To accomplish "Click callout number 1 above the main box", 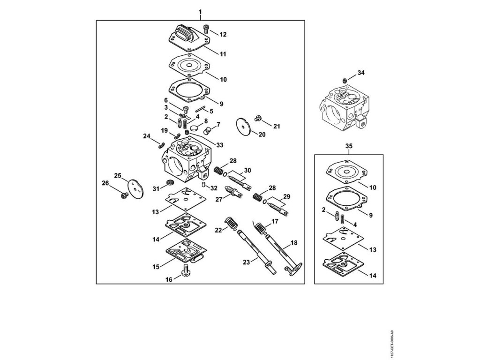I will (200, 11).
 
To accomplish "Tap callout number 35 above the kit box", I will (348, 146).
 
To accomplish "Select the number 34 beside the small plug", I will (360, 73).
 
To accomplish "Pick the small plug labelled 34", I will (344, 80).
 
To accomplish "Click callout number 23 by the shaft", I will (245, 262).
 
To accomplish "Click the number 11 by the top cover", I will (223, 54).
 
